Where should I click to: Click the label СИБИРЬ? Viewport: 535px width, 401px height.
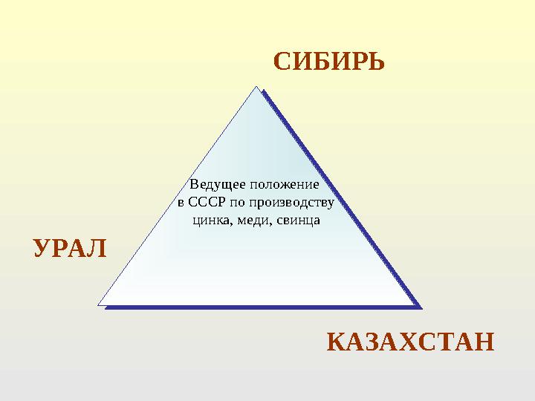pyautogui.click(x=329, y=61)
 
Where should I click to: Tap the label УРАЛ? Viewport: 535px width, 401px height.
pyautogui.click(x=71, y=247)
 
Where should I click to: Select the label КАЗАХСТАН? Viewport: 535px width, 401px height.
pyautogui.click(x=411, y=343)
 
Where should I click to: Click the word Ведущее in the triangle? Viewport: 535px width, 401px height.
pyautogui.click(x=217, y=183)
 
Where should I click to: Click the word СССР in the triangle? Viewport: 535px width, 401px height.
pyautogui.click(x=205, y=202)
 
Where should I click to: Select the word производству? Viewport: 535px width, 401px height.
pyautogui.click(x=294, y=202)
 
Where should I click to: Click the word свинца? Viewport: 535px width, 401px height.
pyautogui.click(x=297, y=220)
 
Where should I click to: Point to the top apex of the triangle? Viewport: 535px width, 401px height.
pyautogui.click(x=258, y=88)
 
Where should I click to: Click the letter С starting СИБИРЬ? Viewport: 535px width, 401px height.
pyautogui.click(x=282, y=61)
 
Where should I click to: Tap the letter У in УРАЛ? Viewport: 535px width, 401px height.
pyautogui.click(x=42, y=247)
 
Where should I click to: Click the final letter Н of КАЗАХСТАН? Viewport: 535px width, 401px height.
pyautogui.click(x=484, y=343)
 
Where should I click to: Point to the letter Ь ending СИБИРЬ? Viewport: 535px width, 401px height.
pyautogui.click(x=376, y=61)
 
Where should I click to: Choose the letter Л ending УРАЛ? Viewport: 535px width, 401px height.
pyautogui.click(x=98, y=247)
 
